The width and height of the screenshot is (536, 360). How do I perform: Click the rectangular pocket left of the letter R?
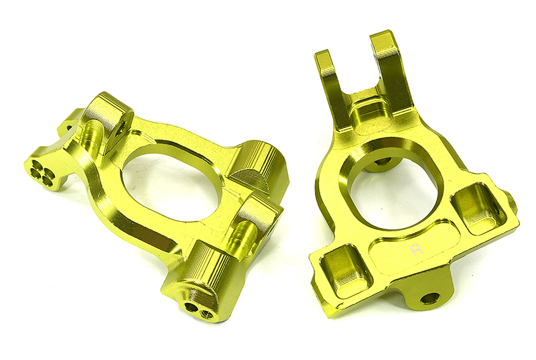click(x=345, y=271)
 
